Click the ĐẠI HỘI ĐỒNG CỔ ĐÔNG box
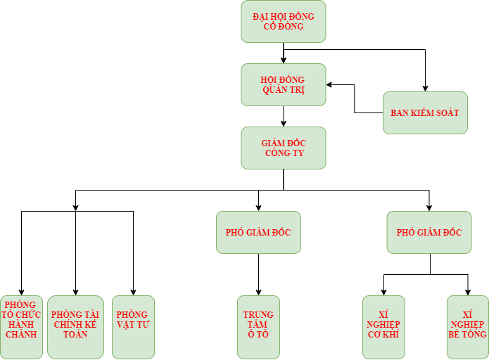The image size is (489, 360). pos(284,21)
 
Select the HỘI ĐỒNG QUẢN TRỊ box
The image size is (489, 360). pos(284,84)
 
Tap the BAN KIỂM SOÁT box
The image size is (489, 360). pos(425,112)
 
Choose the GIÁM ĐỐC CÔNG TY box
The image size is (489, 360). pos(284,148)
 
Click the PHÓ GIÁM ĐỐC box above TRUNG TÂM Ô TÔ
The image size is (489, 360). pos(258,232)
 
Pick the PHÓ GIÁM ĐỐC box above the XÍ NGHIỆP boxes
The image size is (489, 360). pos(429,232)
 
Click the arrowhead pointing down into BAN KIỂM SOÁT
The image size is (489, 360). pos(425,87)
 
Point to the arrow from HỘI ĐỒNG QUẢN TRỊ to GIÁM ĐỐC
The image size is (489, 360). pos(284,116)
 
